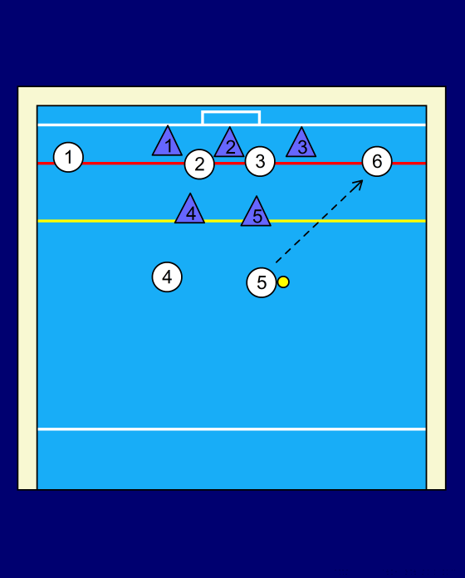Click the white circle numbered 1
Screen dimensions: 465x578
68,158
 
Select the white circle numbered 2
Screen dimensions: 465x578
199,164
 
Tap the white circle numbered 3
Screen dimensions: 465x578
260,161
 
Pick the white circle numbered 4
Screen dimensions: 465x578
167,277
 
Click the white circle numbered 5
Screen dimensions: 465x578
262,282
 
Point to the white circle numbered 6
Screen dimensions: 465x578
377,161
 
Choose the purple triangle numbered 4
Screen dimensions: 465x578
190,211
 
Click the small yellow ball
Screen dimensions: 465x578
283,282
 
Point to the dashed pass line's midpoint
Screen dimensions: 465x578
319,222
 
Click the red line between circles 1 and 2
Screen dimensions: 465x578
134,163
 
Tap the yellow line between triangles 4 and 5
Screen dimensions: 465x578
223,221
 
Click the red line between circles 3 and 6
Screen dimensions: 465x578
319,163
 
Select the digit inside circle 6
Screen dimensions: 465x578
377,161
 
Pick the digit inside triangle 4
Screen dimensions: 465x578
191,213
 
